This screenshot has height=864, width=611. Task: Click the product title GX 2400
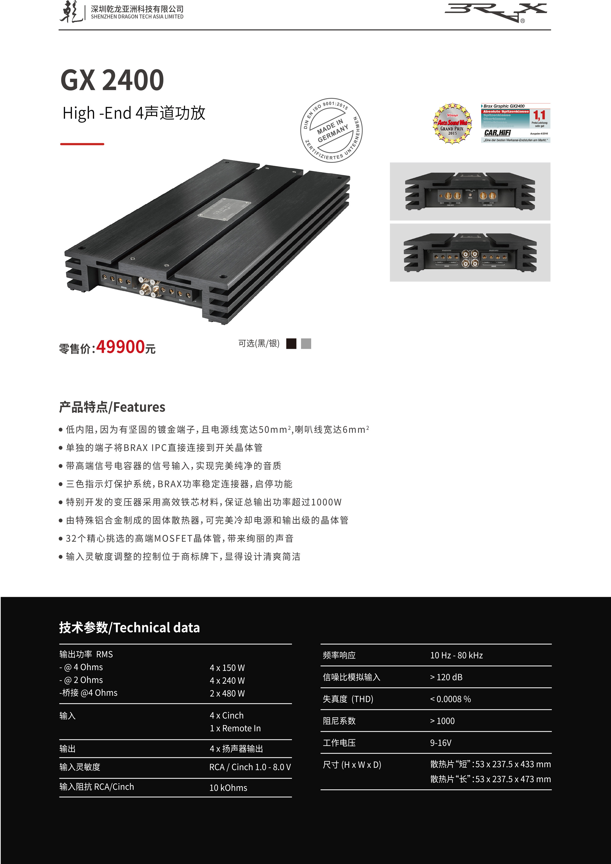(x=112, y=80)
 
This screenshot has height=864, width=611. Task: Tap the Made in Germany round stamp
(x=331, y=131)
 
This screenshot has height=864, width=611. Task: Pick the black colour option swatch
(x=291, y=344)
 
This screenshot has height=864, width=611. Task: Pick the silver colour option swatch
(x=306, y=344)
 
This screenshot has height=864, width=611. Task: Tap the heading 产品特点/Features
(x=112, y=407)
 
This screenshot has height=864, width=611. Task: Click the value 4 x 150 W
(x=227, y=667)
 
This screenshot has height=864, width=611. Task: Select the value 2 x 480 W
(x=227, y=693)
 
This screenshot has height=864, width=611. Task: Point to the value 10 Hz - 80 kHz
(x=456, y=655)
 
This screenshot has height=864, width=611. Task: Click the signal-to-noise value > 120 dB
(x=446, y=677)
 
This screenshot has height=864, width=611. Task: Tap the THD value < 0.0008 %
(x=450, y=699)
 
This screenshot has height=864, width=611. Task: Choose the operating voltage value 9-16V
(x=441, y=742)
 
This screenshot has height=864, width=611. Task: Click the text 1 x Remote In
(x=235, y=728)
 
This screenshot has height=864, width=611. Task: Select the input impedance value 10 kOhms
(x=228, y=788)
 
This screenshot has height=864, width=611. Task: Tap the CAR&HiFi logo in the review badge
(x=497, y=133)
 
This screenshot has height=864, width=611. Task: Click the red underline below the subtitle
(x=82, y=144)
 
